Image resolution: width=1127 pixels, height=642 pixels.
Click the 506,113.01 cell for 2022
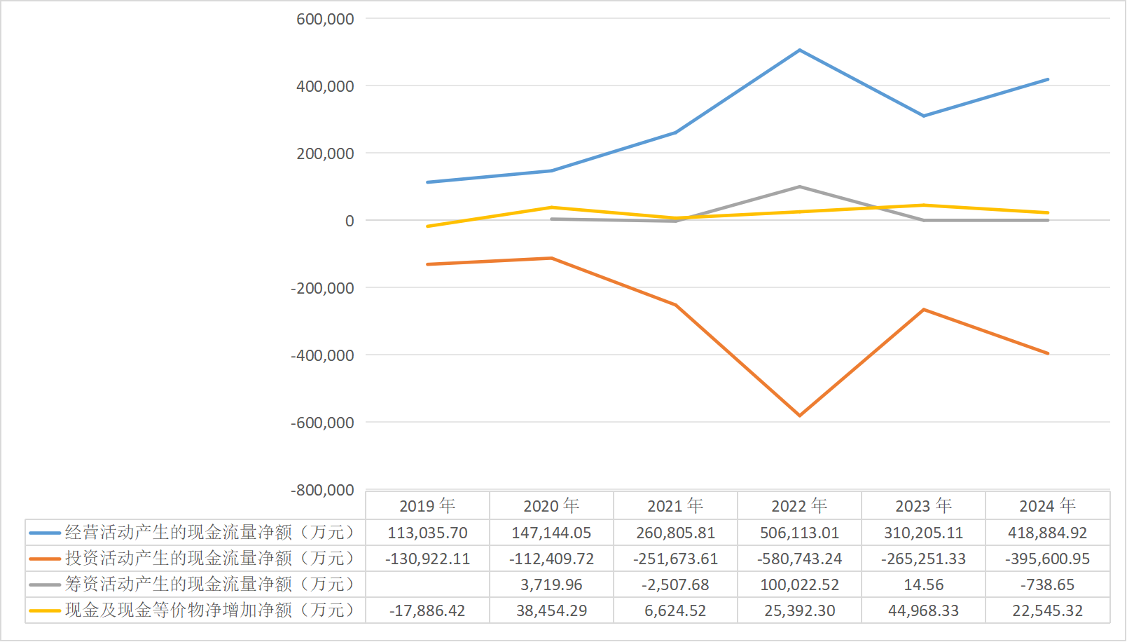tap(799, 533)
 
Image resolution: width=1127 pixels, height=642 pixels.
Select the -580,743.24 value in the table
tap(799, 559)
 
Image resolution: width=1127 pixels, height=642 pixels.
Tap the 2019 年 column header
tap(427, 505)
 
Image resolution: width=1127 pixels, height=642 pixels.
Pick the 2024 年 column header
tap(1047, 505)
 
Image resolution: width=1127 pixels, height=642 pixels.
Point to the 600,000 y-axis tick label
tap(325, 19)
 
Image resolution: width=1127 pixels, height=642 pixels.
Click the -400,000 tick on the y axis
tap(322, 355)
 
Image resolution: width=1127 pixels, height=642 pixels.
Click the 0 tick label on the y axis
tap(350, 221)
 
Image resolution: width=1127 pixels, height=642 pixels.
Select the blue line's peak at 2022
tap(799, 50)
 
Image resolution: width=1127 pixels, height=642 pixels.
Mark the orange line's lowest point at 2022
tap(799, 416)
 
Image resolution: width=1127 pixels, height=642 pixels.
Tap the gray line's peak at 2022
tap(799, 187)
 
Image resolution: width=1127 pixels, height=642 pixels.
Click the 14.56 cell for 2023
tap(923, 585)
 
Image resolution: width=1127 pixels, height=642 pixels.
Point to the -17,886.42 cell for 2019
tap(427, 610)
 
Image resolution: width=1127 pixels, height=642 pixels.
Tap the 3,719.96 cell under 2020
tap(551, 585)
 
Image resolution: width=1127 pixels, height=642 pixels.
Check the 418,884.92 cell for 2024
tap(1047, 533)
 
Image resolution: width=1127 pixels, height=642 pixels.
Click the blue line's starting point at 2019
tap(427, 182)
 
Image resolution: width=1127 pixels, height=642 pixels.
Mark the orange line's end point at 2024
tap(1048, 353)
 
